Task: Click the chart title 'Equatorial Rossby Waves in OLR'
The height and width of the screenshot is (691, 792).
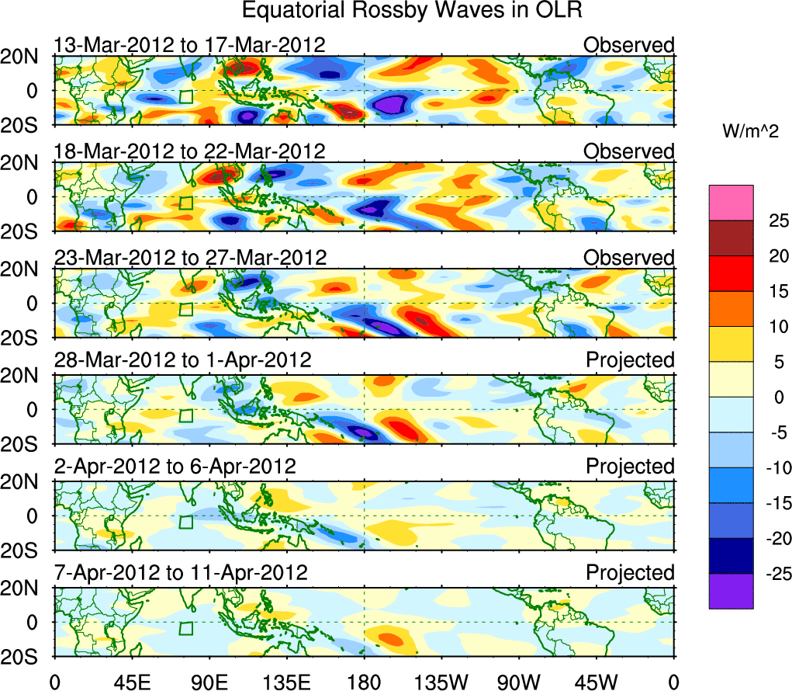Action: pos(412,11)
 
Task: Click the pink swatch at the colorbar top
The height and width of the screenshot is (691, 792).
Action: pos(731,203)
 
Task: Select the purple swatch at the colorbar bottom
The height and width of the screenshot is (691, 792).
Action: pos(731,591)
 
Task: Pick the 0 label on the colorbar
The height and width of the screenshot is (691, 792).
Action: pos(773,397)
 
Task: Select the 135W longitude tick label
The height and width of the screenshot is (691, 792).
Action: pos(441,681)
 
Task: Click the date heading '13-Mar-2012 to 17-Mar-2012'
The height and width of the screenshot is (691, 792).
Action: pos(189,45)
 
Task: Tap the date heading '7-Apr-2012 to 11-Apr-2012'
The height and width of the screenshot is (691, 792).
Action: pos(181,573)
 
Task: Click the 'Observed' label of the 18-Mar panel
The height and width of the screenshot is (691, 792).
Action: pos(629,151)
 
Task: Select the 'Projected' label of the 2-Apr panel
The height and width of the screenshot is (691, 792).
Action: pos(630,467)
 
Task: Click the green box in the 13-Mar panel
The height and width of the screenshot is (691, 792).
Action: pos(185,96)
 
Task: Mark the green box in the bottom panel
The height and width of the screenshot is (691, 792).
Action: pos(185,628)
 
